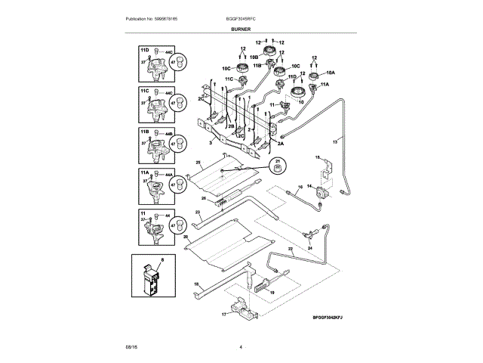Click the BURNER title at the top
241,28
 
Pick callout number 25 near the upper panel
198,163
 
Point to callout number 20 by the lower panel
185,236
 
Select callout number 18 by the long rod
196,284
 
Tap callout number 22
290,248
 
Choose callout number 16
299,186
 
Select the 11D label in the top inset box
144,49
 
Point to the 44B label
168,134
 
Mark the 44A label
168,175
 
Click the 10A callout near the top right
329,73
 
